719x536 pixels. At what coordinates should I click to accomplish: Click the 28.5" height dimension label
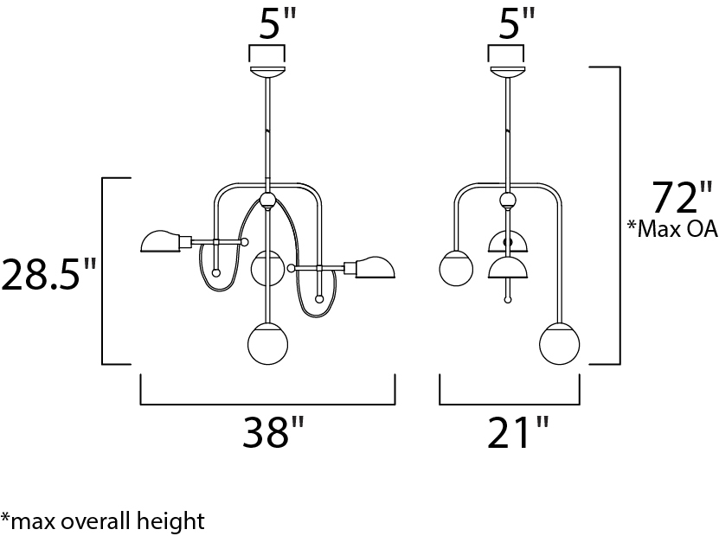tap(49, 274)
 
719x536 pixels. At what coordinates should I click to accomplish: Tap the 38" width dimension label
tap(273, 431)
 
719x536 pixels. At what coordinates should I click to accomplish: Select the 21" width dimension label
tap(517, 431)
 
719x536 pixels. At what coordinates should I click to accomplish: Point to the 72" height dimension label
tap(683, 197)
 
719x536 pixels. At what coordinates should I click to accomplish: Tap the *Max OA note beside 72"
tap(672, 228)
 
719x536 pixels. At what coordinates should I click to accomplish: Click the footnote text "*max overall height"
tap(103, 521)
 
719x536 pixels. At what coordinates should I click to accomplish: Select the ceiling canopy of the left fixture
tap(267, 72)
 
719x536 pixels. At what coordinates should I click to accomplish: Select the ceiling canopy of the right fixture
tap(507, 72)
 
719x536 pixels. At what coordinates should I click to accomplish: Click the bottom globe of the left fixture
tap(268, 344)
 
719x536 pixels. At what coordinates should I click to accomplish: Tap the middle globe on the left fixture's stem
tap(268, 269)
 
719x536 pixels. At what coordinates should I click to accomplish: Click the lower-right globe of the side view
tap(560, 344)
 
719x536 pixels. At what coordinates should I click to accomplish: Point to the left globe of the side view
tap(456, 269)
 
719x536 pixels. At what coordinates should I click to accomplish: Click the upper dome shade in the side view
tap(508, 241)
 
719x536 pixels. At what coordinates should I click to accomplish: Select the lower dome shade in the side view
tap(508, 267)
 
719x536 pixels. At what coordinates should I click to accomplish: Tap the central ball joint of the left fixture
tap(268, 201)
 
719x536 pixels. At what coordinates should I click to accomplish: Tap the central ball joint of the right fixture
tap(508, 201)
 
